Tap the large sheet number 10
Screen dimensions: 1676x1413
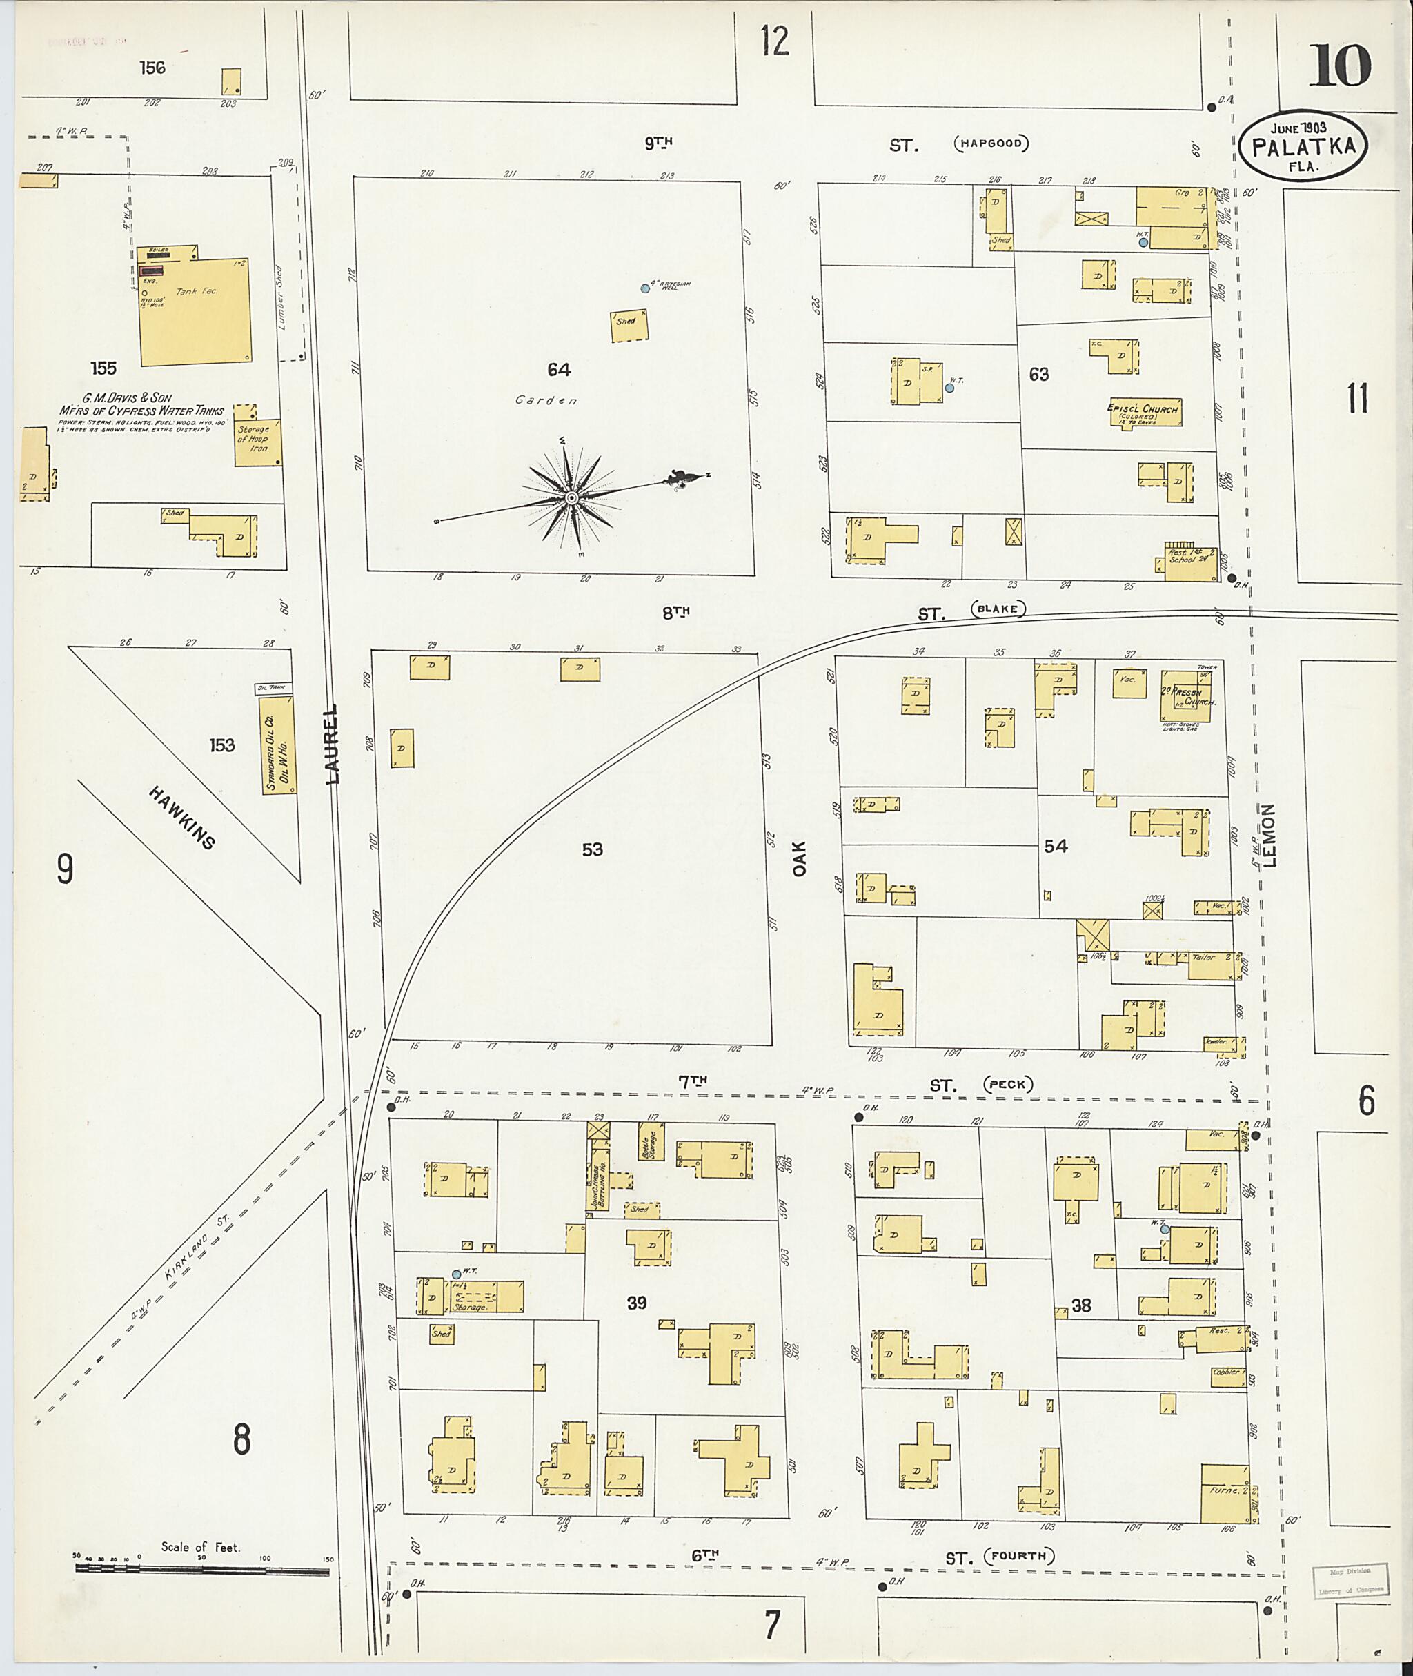pyautogui.click(x=1340, y=66)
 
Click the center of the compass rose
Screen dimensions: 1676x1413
pyautogui.click(x=571, y=498)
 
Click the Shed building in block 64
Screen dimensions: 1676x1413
pyautogui.click(x=630, y=325)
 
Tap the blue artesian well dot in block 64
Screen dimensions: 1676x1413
pyautogui.click(x=645, y=288)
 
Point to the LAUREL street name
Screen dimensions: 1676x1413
pyautogui.click(x=333, y=743)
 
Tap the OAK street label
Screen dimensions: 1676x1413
pyautogui.click(x=800, y=857)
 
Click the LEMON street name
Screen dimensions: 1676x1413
pyautogui.click(x=1269, y=836)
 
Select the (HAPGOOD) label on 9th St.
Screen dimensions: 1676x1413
pyautogui.click(x=991, y=144)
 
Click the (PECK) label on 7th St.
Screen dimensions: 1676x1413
pyautogui.click(x=1008, y=1085)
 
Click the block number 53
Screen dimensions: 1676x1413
pyautogui.click(x=592, y=849)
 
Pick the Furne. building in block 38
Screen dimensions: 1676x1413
pyautogui.click(x=1225, y=1493)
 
